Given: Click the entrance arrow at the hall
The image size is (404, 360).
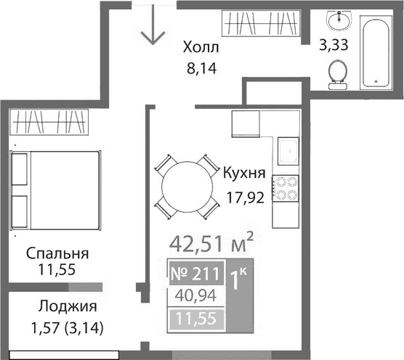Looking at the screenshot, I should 153,27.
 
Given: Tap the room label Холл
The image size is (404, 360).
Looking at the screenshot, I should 200,49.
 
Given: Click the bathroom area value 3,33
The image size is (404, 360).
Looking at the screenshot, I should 334,45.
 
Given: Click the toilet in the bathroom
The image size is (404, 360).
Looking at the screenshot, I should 337,73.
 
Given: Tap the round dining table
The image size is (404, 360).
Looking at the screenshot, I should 187,187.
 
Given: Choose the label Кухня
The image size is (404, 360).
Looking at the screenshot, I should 243,173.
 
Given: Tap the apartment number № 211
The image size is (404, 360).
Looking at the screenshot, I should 195,274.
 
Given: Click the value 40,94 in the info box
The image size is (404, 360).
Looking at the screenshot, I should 195,295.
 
